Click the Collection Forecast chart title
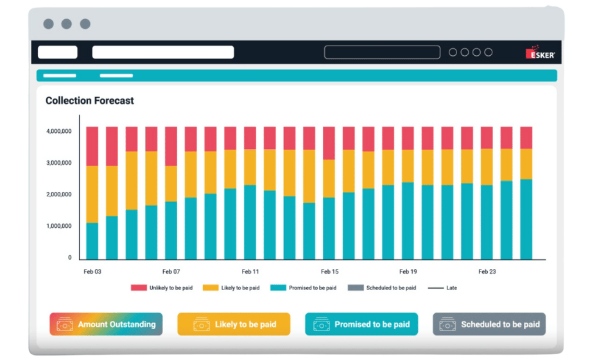(90, 101)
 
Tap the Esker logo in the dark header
(541, 52)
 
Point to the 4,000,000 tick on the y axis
(59, 132)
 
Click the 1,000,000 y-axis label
(59, 226)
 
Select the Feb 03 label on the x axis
(92, 271)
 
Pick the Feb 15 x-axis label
(330, 271)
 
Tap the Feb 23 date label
(487, 271)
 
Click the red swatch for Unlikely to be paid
(139, 287)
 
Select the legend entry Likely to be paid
(231, 287)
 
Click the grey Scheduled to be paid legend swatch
(356, 287)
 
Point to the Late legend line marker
(435, 288)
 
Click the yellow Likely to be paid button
(234, 324)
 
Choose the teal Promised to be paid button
(361, 324)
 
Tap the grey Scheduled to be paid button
(489, 324)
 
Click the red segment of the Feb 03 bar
(92, 146)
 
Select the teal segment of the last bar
(526, 219)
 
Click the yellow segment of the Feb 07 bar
(171, 184)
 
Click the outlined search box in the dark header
(382, 52)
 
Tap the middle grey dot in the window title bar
(67, 24)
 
